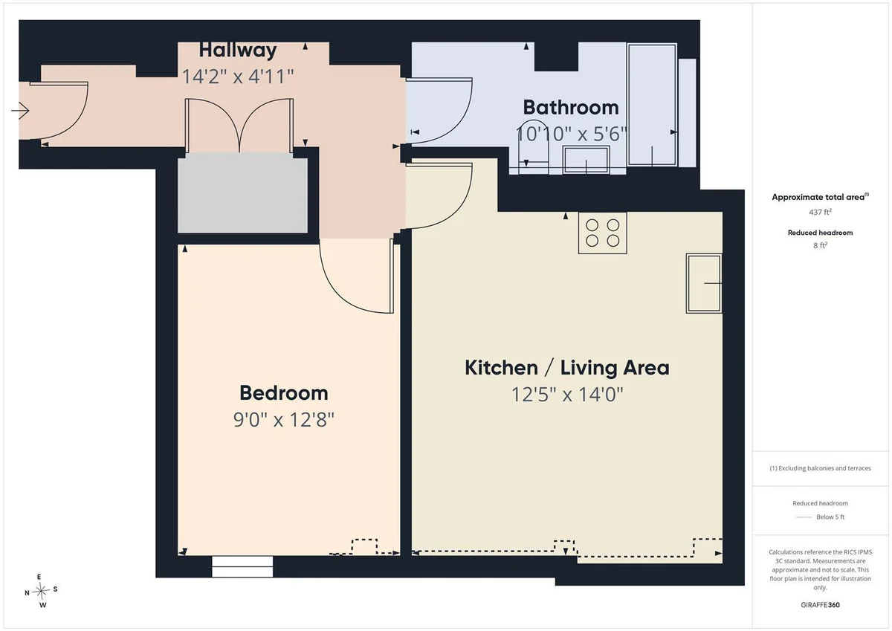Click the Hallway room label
point(238,51)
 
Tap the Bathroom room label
point(571,108)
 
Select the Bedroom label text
point(283,393)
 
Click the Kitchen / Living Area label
point(566,367)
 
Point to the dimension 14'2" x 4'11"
point(238,76)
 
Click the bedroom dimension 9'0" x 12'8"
point(283,419)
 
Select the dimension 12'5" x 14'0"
point(566,395)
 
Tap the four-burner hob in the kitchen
point(603,233)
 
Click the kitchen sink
point(704,283)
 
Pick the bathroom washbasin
point(586,160)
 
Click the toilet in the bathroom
point(534,146)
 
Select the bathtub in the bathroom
point(652,105)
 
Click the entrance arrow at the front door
point(20,110)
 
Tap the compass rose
point(41,591)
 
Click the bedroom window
point(242,566)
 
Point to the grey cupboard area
point(242,195)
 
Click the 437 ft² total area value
point(820,212)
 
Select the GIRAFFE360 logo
point(820,605)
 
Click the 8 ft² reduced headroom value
point(820,245)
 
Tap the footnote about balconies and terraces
point(820,468)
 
